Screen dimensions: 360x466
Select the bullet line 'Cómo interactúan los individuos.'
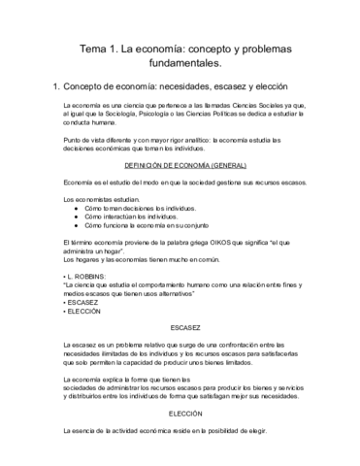[x=132, y=216]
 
